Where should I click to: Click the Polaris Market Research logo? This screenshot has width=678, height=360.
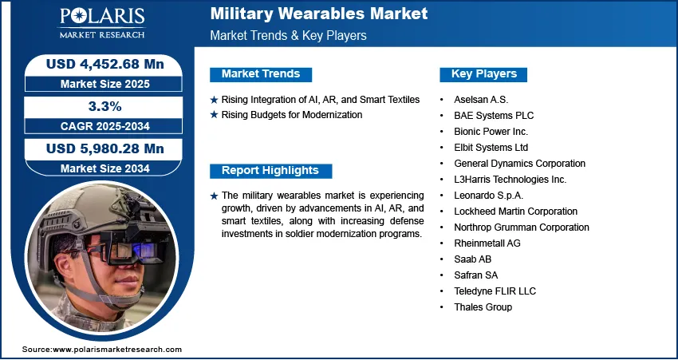(x=102, y=23)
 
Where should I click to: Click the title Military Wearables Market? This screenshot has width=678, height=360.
(x=319, y=14)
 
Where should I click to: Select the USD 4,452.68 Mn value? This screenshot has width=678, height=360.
(x=105, y=64)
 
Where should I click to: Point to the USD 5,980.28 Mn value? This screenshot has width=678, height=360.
(x=105, y=148)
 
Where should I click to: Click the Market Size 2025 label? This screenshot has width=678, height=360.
(x=105, y=84)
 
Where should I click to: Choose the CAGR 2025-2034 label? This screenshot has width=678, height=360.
(x=105, y=126)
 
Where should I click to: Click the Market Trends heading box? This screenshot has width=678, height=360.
(x=261, y=74)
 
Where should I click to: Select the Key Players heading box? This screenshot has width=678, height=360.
(x=483, y=74)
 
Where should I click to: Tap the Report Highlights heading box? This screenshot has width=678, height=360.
(x=270, y=171)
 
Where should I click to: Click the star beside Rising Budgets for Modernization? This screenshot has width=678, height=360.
(x=214, y=115)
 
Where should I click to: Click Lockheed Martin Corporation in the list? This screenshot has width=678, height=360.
(x=515, y=212)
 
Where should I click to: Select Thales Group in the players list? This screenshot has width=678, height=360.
(x=483, y=307)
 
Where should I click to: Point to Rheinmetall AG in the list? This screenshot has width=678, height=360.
(x=487, y=243)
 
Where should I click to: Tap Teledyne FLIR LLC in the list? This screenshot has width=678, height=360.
(x=495, y=291)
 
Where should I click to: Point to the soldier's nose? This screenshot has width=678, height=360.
(x=130, y=275)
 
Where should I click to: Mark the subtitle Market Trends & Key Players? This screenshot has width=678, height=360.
(x=288, y=35)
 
